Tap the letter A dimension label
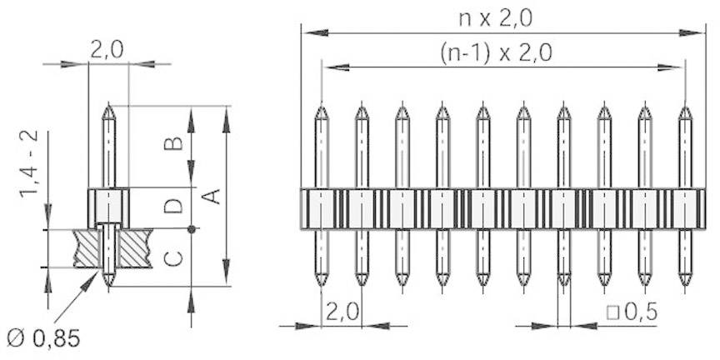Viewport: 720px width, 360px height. click(x=212, y=197)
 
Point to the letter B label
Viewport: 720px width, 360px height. click(x=173, y=142)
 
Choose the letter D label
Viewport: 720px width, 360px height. click(x=173, y=204)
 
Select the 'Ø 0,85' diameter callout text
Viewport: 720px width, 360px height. click(x=42, y=338)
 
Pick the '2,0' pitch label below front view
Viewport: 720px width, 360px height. click(x=342, y=312)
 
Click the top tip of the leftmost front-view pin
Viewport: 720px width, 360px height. click(x=321, y=107)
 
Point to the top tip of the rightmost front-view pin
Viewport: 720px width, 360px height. click(x=685, y=107)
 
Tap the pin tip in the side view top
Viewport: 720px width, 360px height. click(x=108, y=106)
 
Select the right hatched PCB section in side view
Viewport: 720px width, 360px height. click(x=132, y=248)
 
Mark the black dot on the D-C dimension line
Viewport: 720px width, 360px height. click(x=192, y=229)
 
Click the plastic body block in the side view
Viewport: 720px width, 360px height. click(x=108, y=207)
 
